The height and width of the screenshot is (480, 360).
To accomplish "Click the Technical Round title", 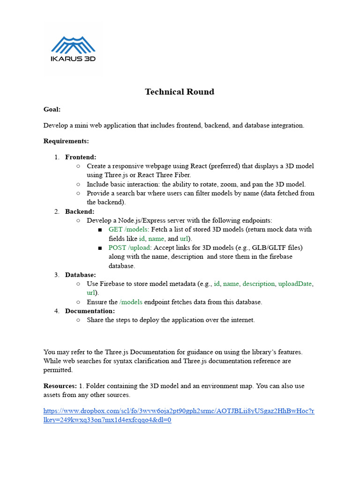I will [180, 92].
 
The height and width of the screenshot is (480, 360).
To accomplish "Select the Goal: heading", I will [52, 109].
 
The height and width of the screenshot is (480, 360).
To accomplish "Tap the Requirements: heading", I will [66, 141].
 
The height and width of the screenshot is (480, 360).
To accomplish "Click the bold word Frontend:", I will [81, 157].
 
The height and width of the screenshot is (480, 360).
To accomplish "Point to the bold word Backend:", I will [80, 211].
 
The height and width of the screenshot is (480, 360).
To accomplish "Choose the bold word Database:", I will [81, 275].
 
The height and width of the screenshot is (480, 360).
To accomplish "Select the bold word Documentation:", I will [90, 311].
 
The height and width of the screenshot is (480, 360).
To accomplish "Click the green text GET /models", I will [128, 229].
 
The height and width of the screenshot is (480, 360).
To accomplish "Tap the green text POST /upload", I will [129, 247].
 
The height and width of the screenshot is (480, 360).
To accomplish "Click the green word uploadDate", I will [295, 284].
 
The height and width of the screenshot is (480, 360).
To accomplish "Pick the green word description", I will [258, 284].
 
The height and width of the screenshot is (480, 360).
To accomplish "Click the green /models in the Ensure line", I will [131, 302].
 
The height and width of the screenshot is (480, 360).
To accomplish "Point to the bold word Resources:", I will [60, 386].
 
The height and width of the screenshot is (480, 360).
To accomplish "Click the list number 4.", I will [56, 311].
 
